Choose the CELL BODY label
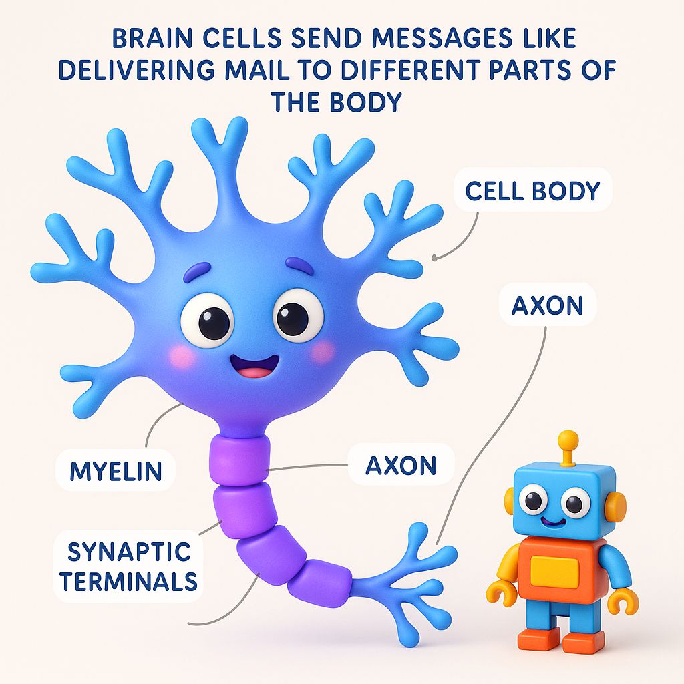tap(532, 191)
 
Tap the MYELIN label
tap(116, 471)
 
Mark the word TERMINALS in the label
tap(128, 581)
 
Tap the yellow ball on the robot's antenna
tap(568, 439)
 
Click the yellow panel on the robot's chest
tap(554, 572)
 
